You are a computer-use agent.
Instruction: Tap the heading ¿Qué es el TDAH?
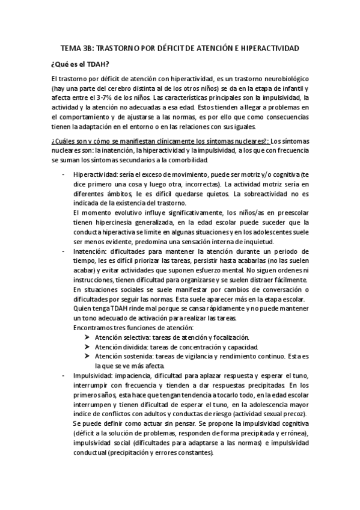[79, 64]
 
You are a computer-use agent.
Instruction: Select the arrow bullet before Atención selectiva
[88, 337]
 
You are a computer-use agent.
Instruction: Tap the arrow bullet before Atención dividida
[88, 347]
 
